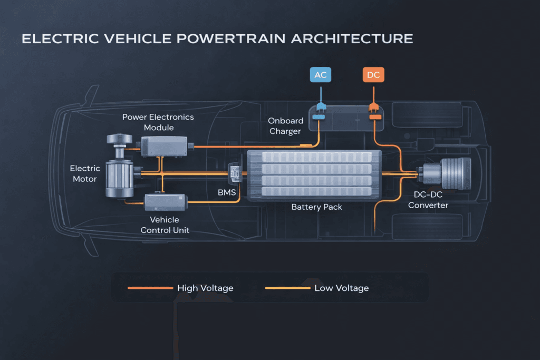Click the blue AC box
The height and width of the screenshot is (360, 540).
pos(320,75)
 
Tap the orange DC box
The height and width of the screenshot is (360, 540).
pos(373,75)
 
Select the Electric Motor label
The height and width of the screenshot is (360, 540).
pos(85,173)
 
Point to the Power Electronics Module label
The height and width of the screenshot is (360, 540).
pos(158,122)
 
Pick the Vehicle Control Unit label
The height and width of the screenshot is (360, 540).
pos(165,225)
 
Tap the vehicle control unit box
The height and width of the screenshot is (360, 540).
pos(165,201)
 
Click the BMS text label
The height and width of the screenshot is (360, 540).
pos(227,193)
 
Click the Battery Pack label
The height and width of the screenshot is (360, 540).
pos(316,207)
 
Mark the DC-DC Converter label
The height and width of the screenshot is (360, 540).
pos(428,200)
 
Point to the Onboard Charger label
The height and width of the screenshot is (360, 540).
pos(285,125)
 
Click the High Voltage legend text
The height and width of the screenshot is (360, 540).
pos(205,288)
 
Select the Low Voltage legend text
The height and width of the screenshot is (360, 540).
pos(341,288)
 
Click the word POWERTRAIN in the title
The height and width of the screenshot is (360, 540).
pos(223,39)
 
